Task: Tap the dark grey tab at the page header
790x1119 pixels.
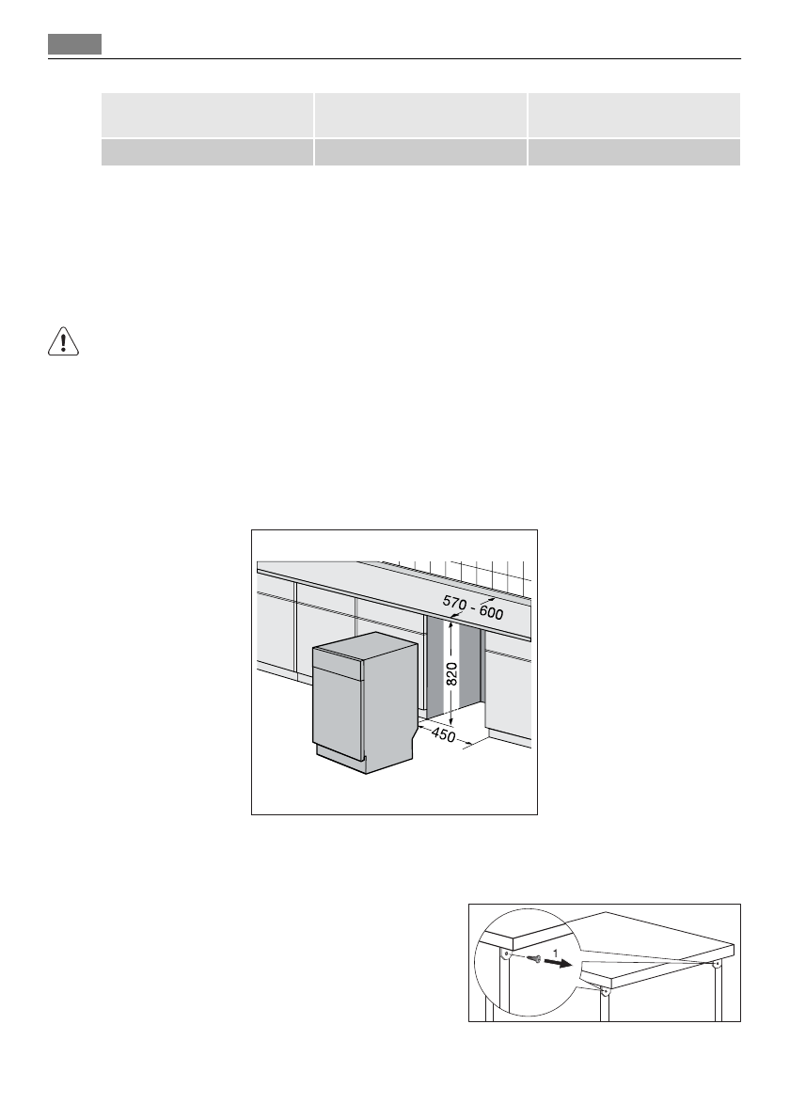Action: [x=75, y=44]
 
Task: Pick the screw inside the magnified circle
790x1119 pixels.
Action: [x=534, y=959]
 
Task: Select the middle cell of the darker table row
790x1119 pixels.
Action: [x=419, y=152]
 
